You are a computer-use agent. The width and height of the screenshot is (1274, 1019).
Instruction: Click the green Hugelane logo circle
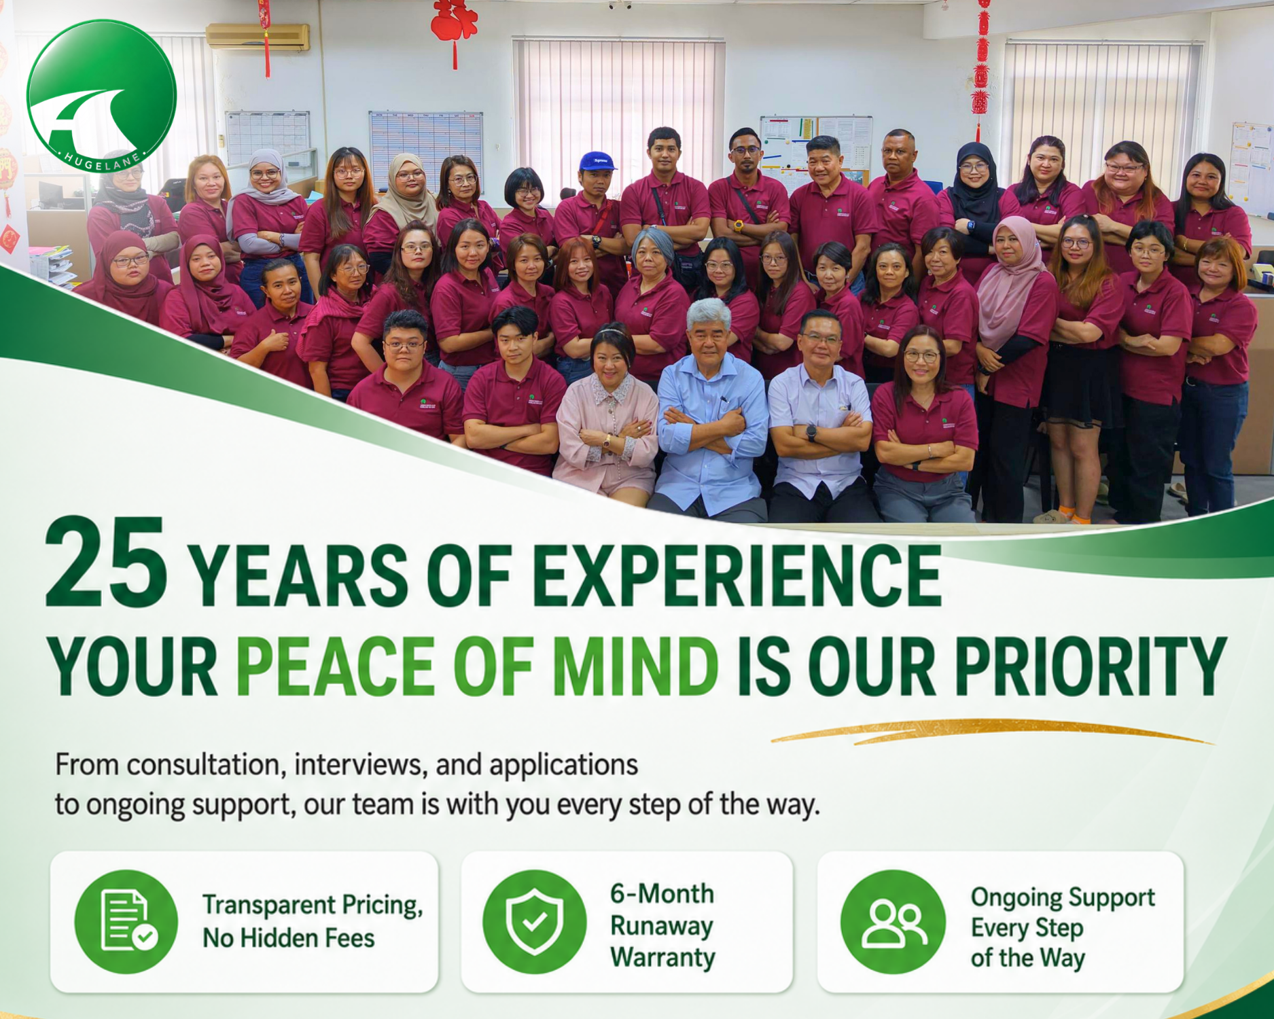click(102, 95)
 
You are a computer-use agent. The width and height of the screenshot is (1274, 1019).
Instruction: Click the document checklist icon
click(126, 921)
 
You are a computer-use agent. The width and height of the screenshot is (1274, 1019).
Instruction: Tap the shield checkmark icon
click(534, 921)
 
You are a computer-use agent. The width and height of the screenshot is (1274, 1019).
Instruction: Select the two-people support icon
click(893, 921)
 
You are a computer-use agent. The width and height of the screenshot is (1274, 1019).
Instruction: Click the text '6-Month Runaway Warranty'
click(662, 925)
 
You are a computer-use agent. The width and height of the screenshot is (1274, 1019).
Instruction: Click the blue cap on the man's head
click(597, 160)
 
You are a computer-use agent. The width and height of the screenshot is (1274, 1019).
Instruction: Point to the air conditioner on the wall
click(258, 37)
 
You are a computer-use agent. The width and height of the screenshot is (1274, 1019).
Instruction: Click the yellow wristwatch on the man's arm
click(738, 226)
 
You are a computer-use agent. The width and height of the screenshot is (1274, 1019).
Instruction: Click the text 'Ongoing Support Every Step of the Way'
click(1063, 928)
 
